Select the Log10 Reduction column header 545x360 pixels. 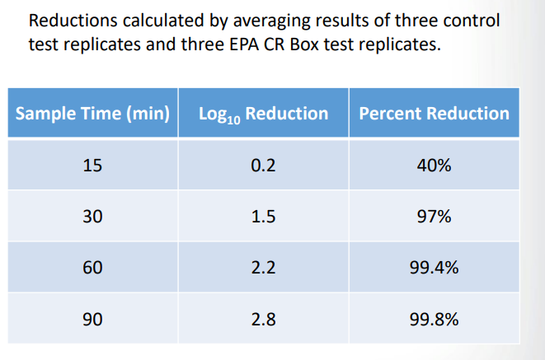(x=263, y=114)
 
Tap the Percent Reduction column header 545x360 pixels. (x=434, y=114)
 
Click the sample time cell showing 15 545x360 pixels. (x=92, y=165)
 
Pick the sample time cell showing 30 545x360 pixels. (x=92, y=217)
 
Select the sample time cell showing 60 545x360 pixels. (x=92, y=268)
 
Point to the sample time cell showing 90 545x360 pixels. (x=92, y=319)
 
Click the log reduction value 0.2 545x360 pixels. (x=263, y=165)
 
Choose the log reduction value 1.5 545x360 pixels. (x=263, y=217)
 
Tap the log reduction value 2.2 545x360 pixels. (x=263, y=268)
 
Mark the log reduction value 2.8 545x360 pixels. (x=263, y=319)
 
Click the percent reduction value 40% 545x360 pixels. (x=435, y=165)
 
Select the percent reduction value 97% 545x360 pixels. (x=435, y=217)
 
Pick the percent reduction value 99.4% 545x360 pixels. (x=435, y=268)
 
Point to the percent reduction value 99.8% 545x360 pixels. (x=435, y=319)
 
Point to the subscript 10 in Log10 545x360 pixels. (x=234, y=119)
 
